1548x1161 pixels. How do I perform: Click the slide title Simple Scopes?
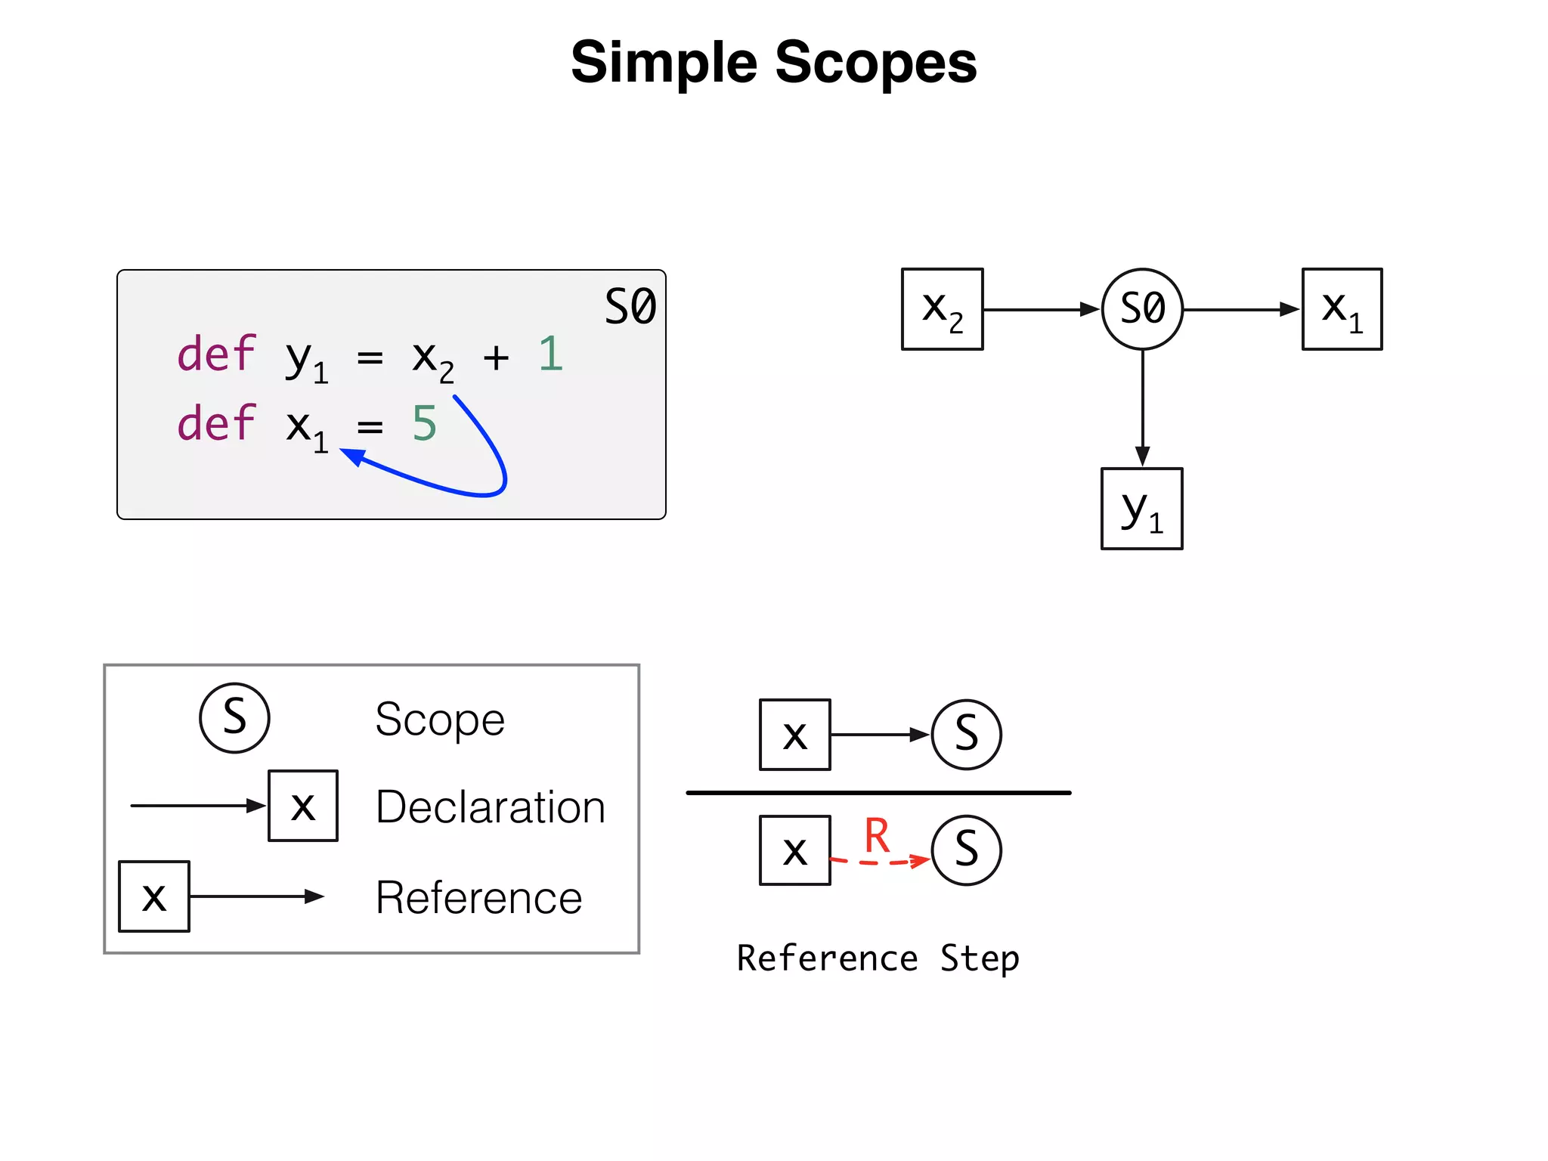click(773, 62)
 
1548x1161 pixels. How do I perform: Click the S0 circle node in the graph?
click(1142, 308)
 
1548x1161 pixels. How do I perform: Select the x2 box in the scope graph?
click(942, 308)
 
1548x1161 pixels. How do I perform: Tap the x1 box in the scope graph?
click(1342, 308)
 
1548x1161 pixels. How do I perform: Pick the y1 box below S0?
click(1141, 509)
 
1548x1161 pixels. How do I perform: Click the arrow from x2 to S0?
click(1039, 309)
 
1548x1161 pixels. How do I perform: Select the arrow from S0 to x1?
click(1240, 309)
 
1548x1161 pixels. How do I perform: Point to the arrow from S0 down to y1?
click(1142, 408)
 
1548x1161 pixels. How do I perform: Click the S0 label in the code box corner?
click(630, 307)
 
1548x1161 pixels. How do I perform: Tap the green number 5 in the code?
click(424, 423)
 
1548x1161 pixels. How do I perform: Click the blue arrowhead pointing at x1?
click(352, 456)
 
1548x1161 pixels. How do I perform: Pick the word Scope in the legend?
click(440, 719)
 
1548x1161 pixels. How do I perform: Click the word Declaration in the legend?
click(490, 807)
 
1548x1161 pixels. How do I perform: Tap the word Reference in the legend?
click(478, 897)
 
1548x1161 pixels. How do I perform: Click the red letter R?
click(877, 835)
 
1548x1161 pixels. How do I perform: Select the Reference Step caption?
click(878, 958)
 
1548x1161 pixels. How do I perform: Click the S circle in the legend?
click(234, 717)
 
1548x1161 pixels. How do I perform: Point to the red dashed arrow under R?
click(881, 862)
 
